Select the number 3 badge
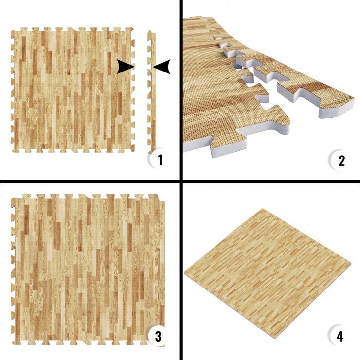(158, 336)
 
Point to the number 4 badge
(340, 336)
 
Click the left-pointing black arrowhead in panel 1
(161, 67)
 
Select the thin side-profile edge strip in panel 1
(151, 92)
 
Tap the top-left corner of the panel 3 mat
(12, 196)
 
